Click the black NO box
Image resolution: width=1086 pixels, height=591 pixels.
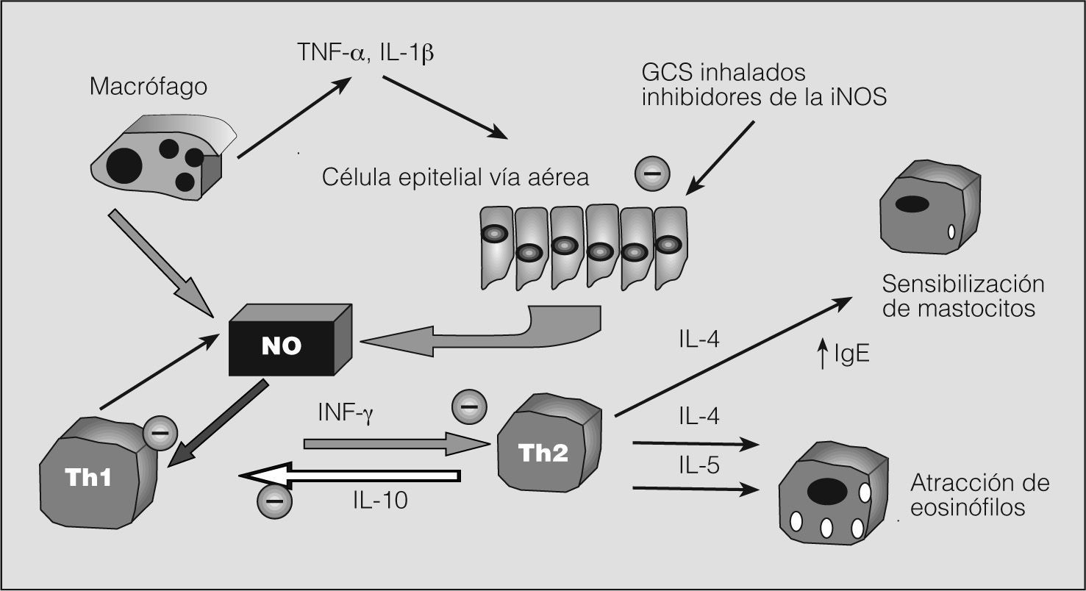(282, 345)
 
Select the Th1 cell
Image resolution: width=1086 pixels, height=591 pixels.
(96, 477)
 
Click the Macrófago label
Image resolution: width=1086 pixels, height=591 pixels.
(149, 87)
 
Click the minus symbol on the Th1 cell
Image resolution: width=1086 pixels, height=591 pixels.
(158, 431)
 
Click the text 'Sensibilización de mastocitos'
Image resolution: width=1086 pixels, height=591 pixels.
(963, 295)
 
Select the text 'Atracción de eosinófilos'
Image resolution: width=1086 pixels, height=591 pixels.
(979, 495)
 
